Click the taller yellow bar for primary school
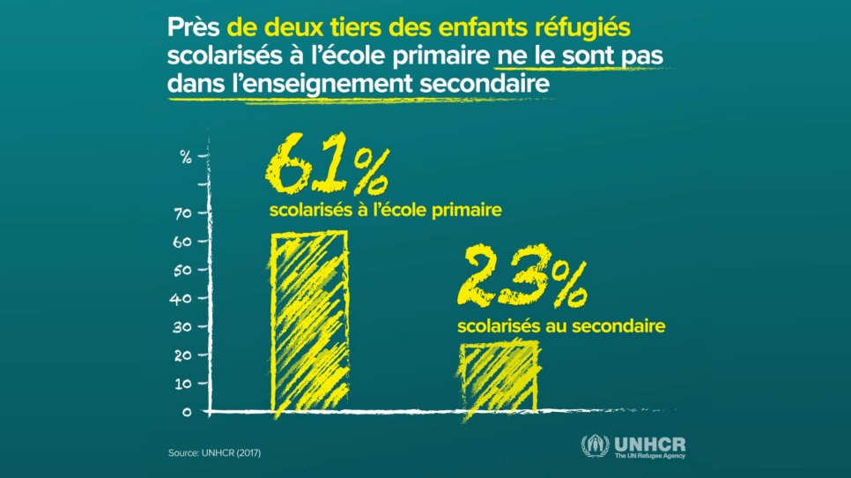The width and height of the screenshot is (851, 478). coord(308,317)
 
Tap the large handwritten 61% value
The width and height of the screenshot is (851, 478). coord(325,167)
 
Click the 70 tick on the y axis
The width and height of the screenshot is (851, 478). coord(182,213)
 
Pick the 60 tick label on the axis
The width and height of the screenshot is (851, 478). coord(182,242)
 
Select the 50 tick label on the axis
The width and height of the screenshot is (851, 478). coord(182,270)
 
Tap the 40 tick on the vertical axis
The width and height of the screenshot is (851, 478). coord(182,298)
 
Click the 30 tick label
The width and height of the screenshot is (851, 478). coord(182,327)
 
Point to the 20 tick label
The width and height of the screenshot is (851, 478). coord(182,355)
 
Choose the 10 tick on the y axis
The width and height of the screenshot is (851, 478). coord(182,384)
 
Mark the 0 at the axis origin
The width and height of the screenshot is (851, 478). coord(187,411)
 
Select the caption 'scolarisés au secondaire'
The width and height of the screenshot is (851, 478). coord(561,326)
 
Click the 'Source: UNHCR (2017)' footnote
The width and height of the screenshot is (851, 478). coord(214,453)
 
